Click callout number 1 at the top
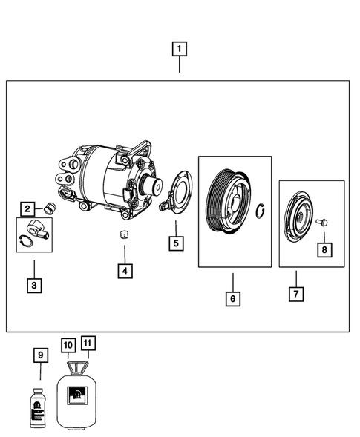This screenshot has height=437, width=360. point(179,50)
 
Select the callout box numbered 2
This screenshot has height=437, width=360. point(27,209)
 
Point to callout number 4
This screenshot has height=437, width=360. point(125,271)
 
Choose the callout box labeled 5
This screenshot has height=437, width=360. point(175,243)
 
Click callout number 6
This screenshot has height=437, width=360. point(232,298)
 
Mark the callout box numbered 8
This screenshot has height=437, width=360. point(324,250)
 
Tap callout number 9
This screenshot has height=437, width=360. point(41,355)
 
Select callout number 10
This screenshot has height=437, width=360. point(68,345)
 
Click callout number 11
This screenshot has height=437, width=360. point(88,343)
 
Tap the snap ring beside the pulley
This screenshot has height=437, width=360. point(261,213)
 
